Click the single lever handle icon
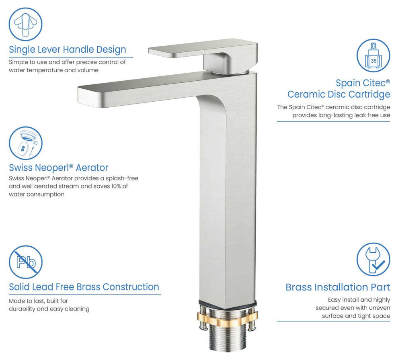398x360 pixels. tap(25, 25)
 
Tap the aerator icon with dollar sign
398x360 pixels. tap(25, 143)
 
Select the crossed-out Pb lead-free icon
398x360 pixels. tap(25, 262)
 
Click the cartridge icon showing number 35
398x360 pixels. tap(373, 55)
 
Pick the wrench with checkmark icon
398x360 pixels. tap(373, 259)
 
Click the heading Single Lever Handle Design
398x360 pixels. tap(68, 49)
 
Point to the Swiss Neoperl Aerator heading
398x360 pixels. tap(59, 168)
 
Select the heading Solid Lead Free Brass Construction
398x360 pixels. tap(84, 287)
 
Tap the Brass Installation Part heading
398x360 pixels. tap(338, 287)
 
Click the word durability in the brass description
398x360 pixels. tap(22, 309)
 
